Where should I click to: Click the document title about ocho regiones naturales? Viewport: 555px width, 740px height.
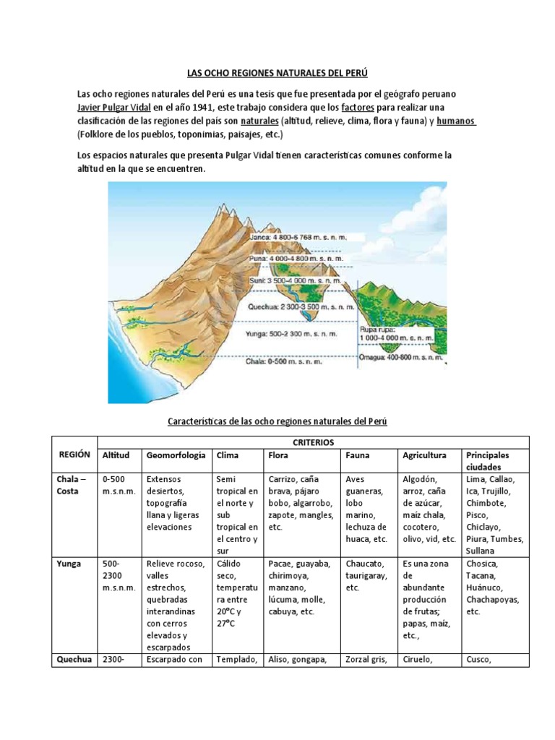277,74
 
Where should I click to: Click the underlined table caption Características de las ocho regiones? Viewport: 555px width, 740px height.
277,421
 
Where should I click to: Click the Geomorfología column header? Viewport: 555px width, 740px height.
175,456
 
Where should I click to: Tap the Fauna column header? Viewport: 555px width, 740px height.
358,456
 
